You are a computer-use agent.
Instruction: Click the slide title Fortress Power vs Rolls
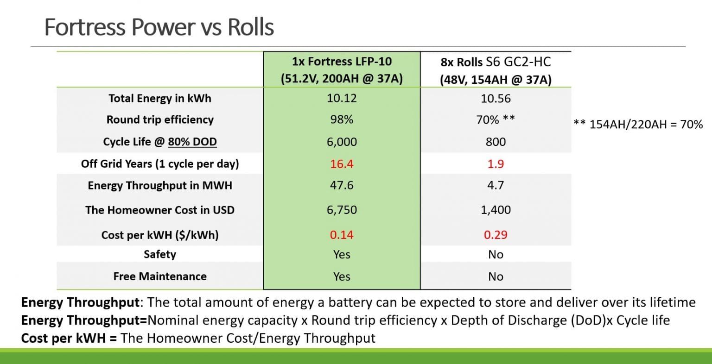click(159, 27)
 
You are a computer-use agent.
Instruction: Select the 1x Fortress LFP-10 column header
click(342, 70)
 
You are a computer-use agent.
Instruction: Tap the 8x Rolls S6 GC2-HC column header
click(496, 70)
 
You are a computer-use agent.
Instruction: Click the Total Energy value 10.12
click(342, 98)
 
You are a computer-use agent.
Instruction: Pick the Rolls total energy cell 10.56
click(496, 98)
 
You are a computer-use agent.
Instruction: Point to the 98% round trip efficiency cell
click(342, 119)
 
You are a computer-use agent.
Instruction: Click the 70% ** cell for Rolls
click(496, 119)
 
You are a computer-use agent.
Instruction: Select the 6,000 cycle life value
click(342, 142)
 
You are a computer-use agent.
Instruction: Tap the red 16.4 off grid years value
click(342, 163)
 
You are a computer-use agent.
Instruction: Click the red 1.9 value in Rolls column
click(496, 163)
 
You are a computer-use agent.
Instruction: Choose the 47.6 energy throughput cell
click(342, 185)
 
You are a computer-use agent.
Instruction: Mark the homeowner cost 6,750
click(342, 210)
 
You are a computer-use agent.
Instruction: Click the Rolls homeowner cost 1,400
click(496, 210)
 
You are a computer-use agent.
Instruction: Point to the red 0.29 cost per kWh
click(496, 235)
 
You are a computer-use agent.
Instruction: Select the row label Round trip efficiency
click(160, 119)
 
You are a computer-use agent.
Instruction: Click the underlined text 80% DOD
click(192, 142)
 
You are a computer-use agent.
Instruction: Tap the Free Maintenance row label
click(160, 276)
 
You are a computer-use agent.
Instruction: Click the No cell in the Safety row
click(496, 254)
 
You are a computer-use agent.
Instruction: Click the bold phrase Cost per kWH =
click(69, 338)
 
